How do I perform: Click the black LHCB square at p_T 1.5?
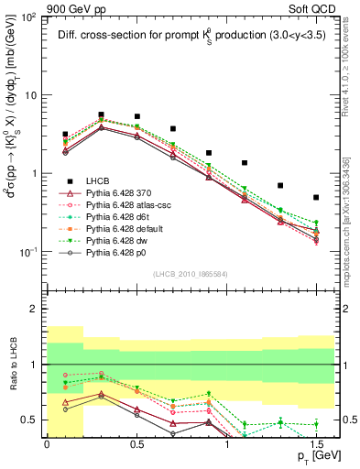pyautogui.click(x=316, y=197)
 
